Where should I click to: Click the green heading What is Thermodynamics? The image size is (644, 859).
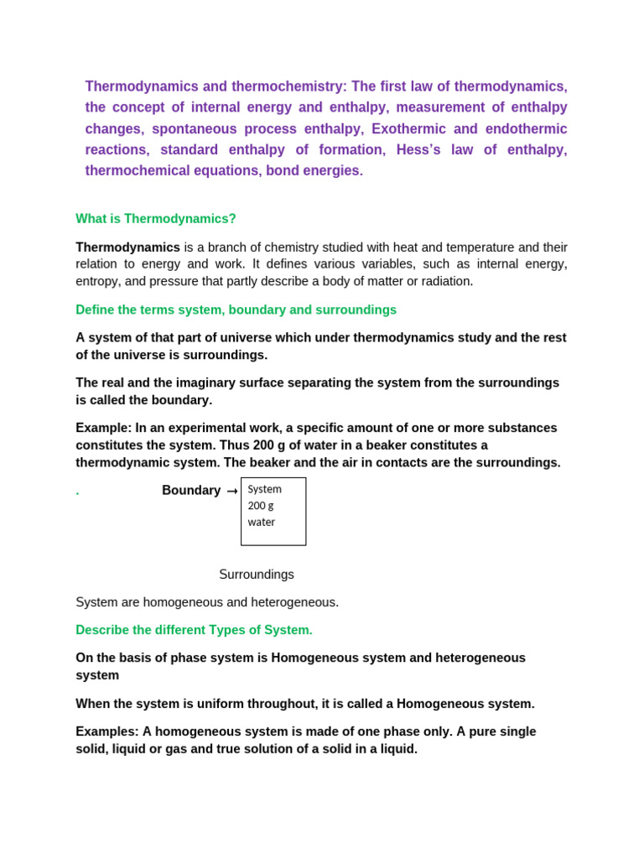156,219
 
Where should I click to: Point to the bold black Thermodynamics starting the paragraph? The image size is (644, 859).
127,247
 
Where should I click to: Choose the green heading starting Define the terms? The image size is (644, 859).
236,310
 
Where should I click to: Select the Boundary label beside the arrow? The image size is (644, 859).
191,491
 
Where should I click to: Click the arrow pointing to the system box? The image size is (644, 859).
232,492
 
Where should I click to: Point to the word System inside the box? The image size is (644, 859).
264,489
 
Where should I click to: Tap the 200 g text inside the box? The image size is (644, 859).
261,505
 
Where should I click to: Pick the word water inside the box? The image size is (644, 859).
262,522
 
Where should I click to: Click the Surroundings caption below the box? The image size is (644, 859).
257,575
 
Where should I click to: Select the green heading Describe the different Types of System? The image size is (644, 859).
194,630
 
